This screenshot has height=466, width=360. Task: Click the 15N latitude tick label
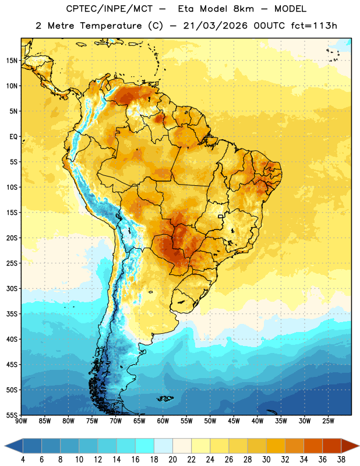pos(12,61)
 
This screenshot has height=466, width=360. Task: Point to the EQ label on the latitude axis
pos(13,137)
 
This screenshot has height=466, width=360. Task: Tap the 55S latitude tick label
pos(12,415)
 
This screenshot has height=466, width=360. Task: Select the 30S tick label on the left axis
pos(12,288)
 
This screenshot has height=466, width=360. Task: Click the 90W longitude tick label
pos(21,421)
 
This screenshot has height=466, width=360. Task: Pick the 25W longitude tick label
pos(328,421)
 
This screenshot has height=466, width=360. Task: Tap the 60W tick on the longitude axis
pos(163,421)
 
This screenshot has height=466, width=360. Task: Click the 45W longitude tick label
pos(234,421)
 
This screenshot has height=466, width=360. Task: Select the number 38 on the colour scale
pos(341,460)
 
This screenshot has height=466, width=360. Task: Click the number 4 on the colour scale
pos(23,460)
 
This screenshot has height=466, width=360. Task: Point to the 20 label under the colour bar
pos(172,460)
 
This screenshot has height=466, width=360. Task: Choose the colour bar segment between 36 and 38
pos(332,446)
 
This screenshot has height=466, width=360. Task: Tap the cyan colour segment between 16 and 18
pos(144,446)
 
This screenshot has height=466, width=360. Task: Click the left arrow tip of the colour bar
pos(5,446)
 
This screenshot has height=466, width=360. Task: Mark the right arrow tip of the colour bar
pos(359,446)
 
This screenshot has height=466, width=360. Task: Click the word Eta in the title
pos(186,9)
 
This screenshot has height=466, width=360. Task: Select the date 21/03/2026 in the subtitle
pos(215,26)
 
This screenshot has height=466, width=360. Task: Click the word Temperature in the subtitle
pos(111,26)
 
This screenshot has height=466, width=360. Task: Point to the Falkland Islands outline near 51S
pos(165,398)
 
